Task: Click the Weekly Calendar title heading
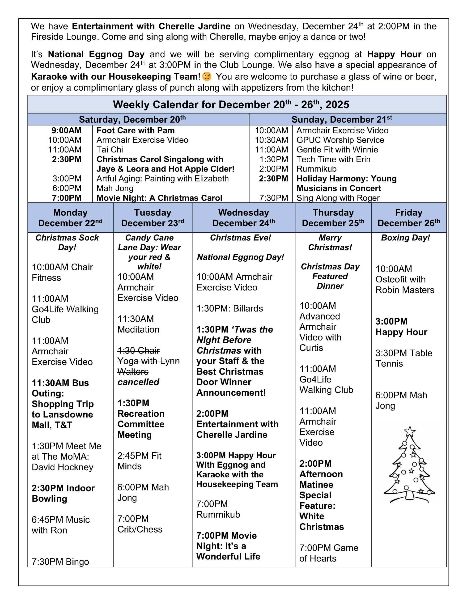231,105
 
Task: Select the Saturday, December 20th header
132,119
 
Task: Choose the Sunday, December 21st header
342,119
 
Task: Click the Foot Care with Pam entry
135,130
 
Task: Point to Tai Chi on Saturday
110,150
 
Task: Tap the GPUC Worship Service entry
340,140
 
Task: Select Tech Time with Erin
333,159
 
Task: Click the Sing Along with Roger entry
338,198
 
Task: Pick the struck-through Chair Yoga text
148,361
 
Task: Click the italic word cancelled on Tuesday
138,382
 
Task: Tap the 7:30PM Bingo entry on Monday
60,562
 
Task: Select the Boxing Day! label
406,238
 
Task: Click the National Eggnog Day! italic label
240,257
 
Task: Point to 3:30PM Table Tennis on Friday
403,358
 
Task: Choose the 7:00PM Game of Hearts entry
329,553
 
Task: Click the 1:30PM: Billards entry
229,308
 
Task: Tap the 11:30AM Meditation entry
138,324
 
